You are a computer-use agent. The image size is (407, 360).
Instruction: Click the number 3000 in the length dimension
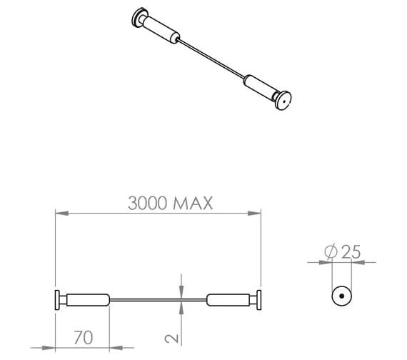point(149,203)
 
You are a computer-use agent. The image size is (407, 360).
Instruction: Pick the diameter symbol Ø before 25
point(331,251)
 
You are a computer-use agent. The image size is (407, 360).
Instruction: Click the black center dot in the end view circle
point(341,295)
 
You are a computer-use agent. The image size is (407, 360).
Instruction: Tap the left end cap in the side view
point(56,300)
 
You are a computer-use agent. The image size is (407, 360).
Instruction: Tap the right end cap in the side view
point(259,300)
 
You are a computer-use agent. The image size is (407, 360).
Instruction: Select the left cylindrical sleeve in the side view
point(89,300)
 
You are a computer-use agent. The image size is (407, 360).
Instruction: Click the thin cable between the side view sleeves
point(158,300)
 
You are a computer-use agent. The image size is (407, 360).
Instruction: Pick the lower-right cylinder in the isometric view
point(260,86)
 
